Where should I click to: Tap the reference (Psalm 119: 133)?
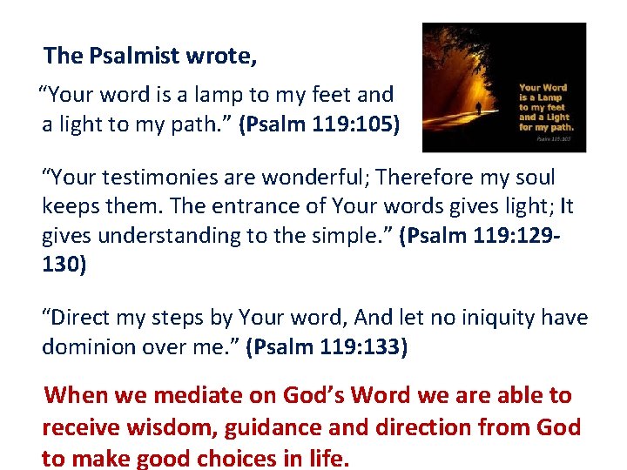(x=327, y=346)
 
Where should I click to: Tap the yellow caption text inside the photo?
(x=543, y=106)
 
